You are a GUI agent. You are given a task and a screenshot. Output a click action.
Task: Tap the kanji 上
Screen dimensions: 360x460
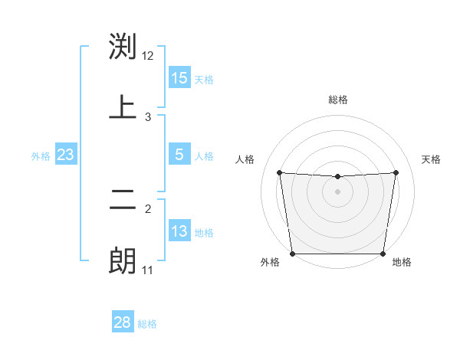point(123,107)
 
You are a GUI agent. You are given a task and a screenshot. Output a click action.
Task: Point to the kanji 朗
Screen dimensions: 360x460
point(123,260)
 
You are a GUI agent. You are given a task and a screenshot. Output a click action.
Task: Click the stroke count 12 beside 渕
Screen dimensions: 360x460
point(148,56)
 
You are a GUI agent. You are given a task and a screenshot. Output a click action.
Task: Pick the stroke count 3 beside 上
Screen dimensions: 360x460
point(148,117)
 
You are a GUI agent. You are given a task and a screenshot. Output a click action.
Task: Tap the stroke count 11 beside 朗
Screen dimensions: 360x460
point(148,270)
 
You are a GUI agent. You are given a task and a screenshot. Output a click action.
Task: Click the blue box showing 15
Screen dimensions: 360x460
point(179,78)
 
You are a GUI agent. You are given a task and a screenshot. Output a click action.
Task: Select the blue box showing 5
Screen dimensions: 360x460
point(179,155)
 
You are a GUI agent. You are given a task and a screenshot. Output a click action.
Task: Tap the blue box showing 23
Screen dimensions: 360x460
point(66,155)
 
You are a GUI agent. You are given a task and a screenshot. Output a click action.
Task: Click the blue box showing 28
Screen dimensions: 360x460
point(123,322)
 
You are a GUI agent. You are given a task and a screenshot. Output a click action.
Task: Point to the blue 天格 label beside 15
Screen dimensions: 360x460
point(204,79)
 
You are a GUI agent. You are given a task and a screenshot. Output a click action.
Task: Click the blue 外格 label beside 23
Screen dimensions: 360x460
point(41,155)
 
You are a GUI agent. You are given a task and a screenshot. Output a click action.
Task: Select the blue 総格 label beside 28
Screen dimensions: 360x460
point(147,323)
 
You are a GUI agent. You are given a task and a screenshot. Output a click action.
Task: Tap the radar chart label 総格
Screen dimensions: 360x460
point(338,100)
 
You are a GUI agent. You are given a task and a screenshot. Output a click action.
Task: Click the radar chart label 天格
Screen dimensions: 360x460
point(432,159)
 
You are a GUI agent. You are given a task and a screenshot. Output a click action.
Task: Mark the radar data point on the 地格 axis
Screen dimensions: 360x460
point(383,254)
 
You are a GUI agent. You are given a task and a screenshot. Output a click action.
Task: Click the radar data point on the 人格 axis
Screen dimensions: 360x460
point(279,172)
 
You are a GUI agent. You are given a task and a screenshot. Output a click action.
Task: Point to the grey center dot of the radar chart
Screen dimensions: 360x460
point(338,191)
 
